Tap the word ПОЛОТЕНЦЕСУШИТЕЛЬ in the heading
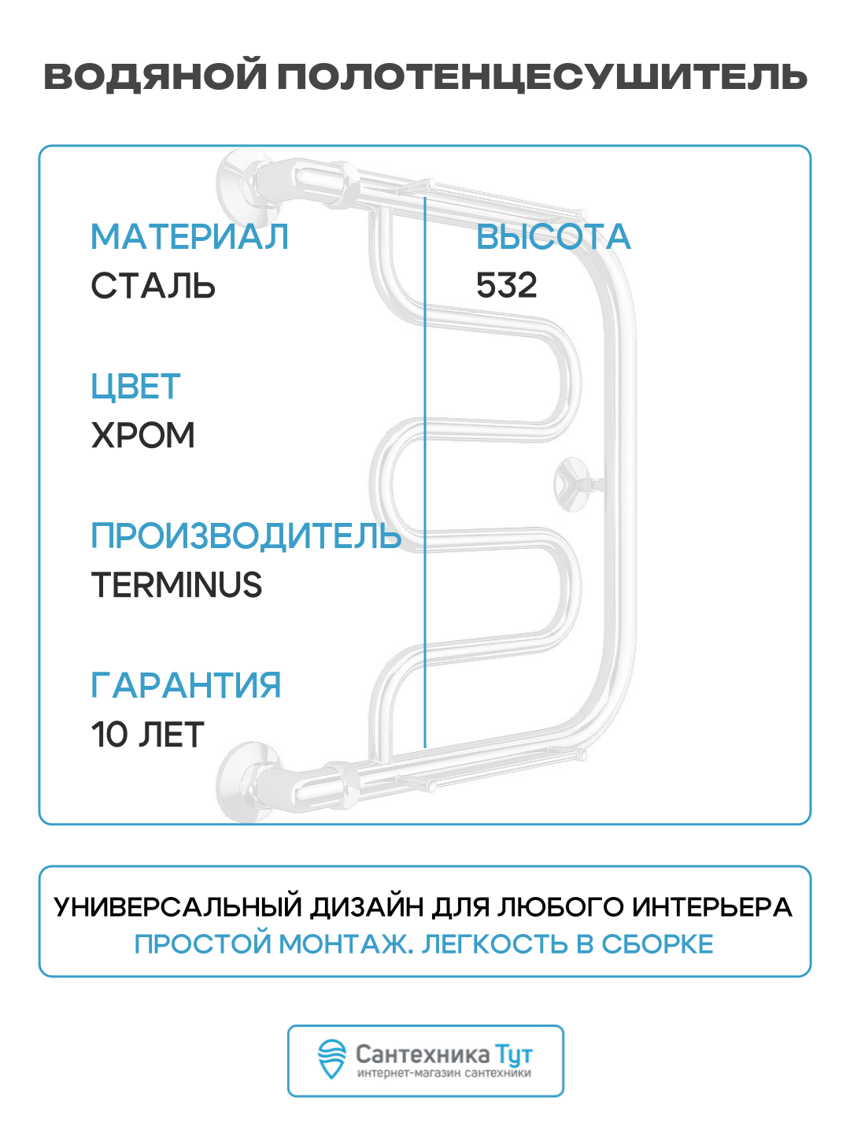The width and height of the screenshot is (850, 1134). [542, 77]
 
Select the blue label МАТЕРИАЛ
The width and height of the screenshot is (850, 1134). [190, 237]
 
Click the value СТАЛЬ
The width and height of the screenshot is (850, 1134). [153, 286]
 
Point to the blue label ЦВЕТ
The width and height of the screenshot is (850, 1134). [135, 387]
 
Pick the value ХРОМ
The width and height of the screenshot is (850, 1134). [142, 435]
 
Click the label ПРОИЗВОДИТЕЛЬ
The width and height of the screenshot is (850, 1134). [246, 536]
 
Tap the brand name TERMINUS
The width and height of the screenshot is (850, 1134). [176, 585]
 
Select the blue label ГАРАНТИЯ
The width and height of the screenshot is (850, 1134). [186, 685]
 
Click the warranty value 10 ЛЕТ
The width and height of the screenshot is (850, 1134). [147, 735]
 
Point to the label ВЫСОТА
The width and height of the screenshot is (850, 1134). [553, 237]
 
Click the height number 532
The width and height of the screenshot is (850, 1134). [506, 285]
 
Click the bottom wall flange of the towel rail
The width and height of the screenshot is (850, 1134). [239, 781]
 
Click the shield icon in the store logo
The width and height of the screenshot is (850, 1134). [331, 1059]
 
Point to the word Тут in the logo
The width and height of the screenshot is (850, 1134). [513, 1054]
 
